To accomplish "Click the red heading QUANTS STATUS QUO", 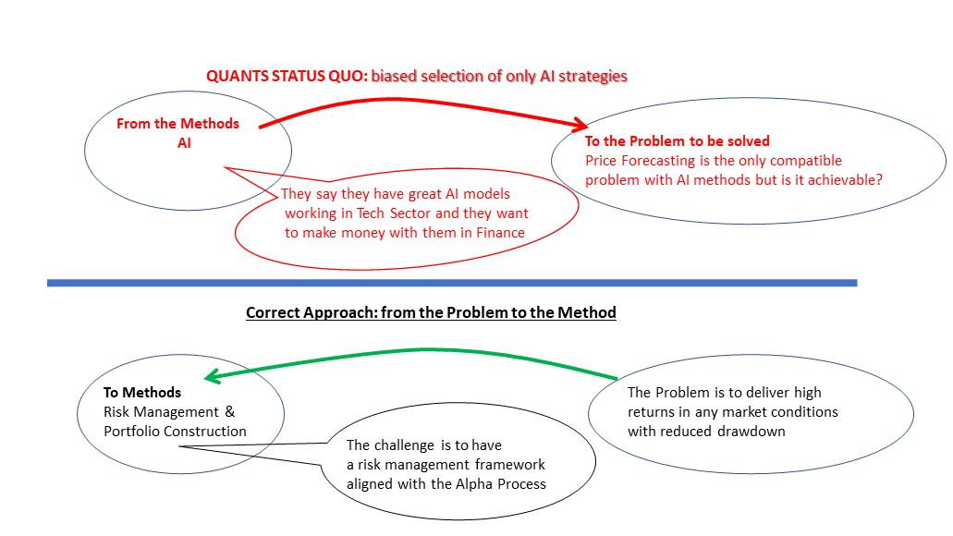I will click(287, 76).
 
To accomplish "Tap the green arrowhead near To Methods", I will click(211, 376).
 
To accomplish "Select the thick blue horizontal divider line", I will click(452, 283).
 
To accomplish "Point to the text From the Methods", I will click(177, 124).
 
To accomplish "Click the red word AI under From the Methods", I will click(184, 143).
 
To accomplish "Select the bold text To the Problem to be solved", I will click(677, 141).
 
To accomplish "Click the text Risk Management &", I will click(175, 412).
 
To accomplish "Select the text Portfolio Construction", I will click(175, 432).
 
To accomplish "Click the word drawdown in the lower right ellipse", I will click(751, 432).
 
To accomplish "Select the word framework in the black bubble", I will click(511, 465).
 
